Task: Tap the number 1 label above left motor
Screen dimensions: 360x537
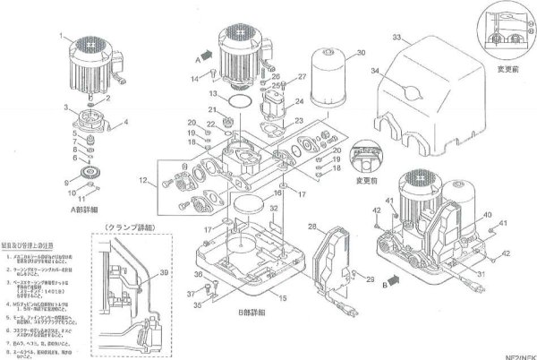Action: click(x=62, y=35)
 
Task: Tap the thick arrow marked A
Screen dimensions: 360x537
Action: click(x=205, y=55)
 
